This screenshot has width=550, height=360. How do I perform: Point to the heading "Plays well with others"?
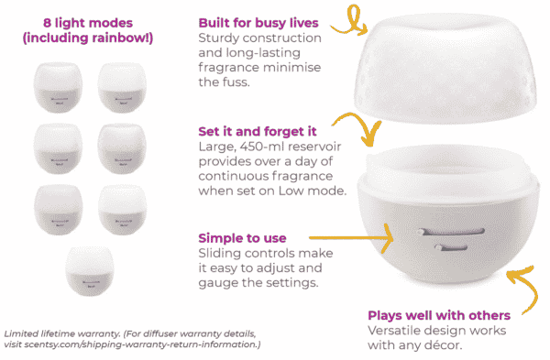point(438,313)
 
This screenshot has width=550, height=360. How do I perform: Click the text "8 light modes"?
point(77,21)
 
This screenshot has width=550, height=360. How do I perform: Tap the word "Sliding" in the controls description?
point(223,254)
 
